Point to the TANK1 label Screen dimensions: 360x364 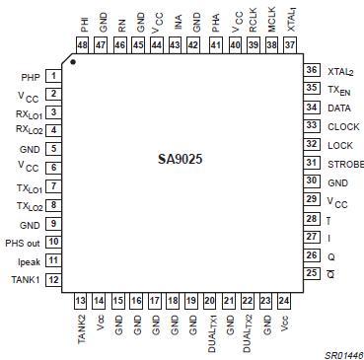click(x=25, y=279)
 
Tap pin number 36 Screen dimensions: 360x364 click(x=311, y=70)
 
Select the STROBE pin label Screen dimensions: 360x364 click(x=345, y=163)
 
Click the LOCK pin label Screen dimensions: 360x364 click(x=339, y=144)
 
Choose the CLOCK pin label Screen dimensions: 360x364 click(x=342, y=125)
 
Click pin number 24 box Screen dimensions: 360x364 click(x=284, y=300)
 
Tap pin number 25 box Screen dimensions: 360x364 click(x=311, y=273)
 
